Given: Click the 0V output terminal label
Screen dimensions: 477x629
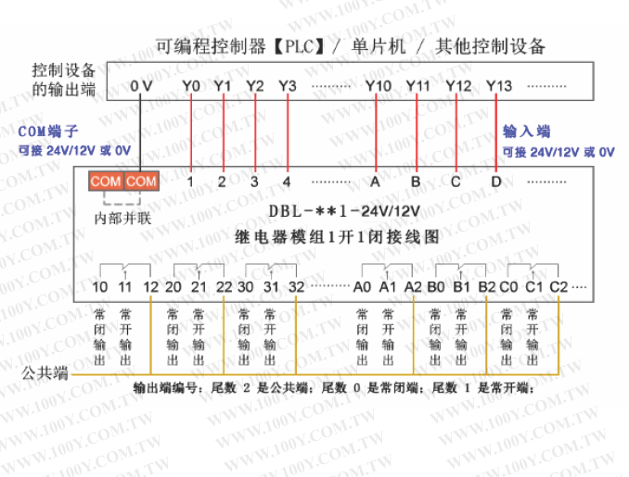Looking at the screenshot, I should click(x=141, y=86).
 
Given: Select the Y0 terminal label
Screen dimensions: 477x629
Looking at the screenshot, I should click(x=191, y=86).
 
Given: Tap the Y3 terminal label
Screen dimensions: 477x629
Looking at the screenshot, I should click(x=287, y=86).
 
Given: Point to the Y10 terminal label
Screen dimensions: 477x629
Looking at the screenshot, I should click(x=378, y=86).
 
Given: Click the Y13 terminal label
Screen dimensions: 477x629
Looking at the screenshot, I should click(x=498, y=86).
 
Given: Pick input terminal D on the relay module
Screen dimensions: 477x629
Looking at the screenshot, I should click(x=496, y=182).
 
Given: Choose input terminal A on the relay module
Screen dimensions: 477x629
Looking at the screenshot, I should click(x=376, y=182).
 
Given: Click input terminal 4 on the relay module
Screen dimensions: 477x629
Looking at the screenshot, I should click(x=287, y=182).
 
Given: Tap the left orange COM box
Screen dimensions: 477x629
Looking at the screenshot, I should click(x=106, y=182).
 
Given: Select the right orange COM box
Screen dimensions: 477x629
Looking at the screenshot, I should click(x=141, y=182).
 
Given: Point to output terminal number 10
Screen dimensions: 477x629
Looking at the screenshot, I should click(x=100, y=287).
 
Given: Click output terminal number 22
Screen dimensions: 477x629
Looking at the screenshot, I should click(x=224, y=287).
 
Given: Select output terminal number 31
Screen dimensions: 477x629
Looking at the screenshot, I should click(x=270, y=287).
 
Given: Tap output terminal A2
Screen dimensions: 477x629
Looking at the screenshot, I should click(x=414, y=287).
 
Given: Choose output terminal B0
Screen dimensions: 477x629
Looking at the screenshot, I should click(x=437, y=287).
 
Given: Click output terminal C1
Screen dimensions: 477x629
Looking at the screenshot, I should click(x=533, y=287).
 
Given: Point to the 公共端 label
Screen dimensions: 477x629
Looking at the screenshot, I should click(x=45, y=374).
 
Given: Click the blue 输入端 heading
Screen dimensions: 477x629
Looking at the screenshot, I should click(x=526, y=132).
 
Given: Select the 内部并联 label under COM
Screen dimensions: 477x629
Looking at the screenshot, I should click(x=123, y=219).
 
